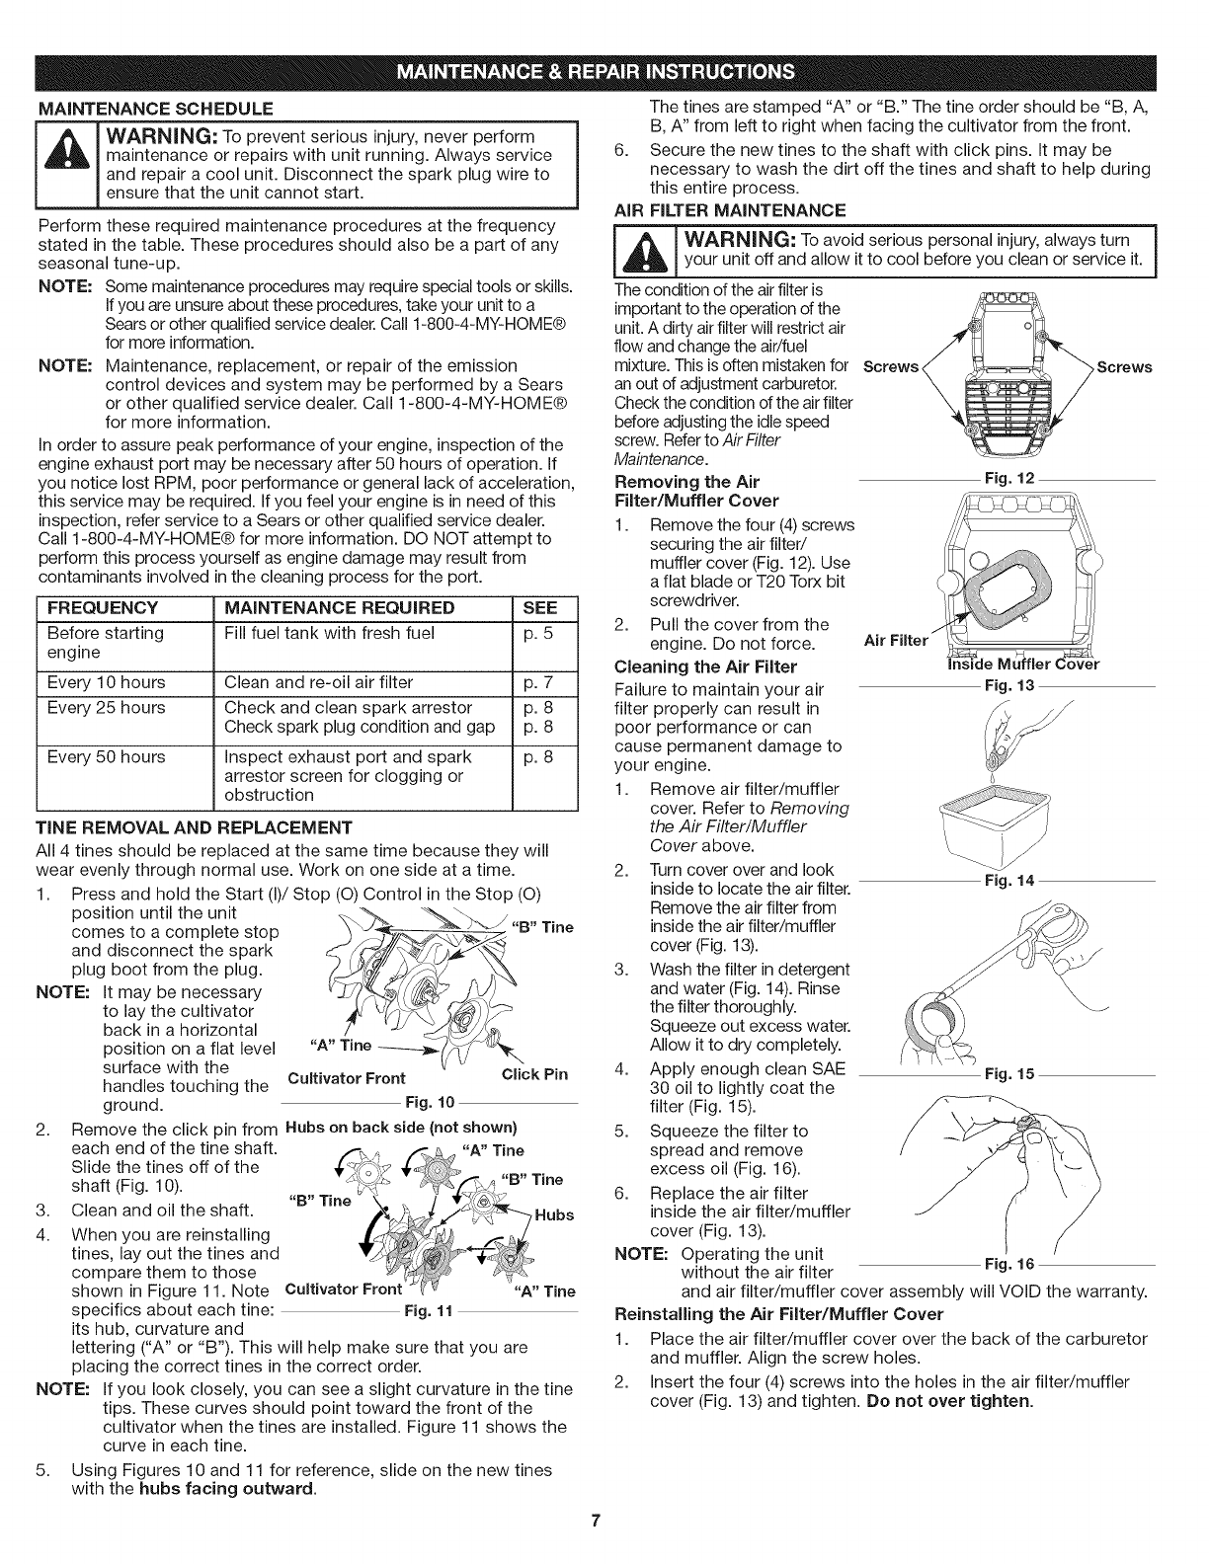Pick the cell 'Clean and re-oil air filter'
click(321, 682)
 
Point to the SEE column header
click(541, 607)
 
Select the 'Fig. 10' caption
click(429, 1103)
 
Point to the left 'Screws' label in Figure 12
click(891, 367)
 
